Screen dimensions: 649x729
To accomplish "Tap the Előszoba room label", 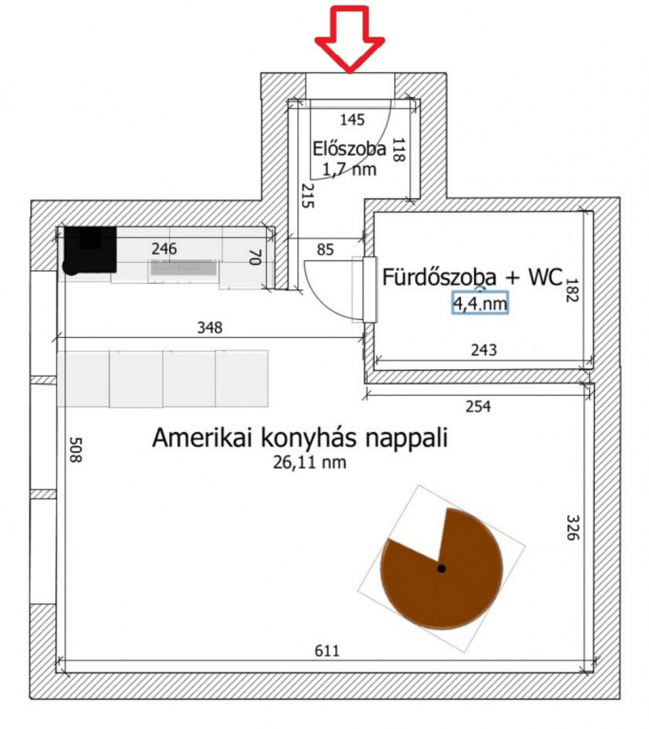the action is click(x=349, y=149).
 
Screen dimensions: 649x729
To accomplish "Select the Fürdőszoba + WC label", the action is click(x=472, y=277).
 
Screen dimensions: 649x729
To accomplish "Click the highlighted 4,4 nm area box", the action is click(x=480, y=303).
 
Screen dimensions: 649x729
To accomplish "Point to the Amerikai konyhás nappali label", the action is click(x=300, y=438).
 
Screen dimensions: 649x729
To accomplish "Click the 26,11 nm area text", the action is click(x=309, y=462).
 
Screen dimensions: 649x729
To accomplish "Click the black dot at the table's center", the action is click(x=442, y=568).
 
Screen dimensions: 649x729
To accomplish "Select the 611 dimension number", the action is click(x=327, y=650).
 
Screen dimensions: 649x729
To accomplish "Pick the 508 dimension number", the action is click(x=75, y=450).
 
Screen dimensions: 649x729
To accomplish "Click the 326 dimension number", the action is click(x=573, y=527).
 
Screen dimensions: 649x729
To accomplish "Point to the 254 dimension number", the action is click(x=479, y=407).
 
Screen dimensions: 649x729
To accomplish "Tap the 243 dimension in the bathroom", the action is click(x=484, y=350).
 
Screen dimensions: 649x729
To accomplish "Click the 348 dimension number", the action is click(x=210, y=328).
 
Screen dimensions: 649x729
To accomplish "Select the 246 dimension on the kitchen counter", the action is click(x=164, y=249).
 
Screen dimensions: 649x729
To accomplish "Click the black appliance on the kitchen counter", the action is click(x=89, y=250).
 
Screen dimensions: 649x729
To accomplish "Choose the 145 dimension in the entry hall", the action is click(x=352, y=120).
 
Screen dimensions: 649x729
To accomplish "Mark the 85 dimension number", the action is click(x=325, y=250).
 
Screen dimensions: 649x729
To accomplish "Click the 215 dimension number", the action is click(x=307, y=195).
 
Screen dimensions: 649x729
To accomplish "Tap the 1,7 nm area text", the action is click(x=349, y=169).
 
